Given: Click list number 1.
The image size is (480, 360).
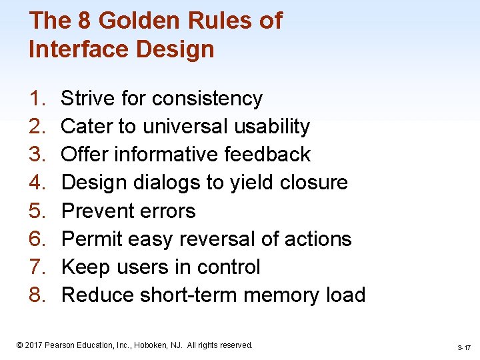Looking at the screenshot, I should [x=36, y=99].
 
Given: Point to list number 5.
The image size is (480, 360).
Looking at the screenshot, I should [x=36, y=211].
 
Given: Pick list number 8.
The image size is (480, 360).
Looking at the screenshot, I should [x=36, y=295].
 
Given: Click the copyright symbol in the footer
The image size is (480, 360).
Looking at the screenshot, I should [x=19, y=345].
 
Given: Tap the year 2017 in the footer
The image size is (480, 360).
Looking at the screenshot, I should [x=34, y=345].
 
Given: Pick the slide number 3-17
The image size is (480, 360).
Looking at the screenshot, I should [x=464, y=347].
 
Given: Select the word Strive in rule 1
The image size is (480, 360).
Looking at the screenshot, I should [x=88, y=99].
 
